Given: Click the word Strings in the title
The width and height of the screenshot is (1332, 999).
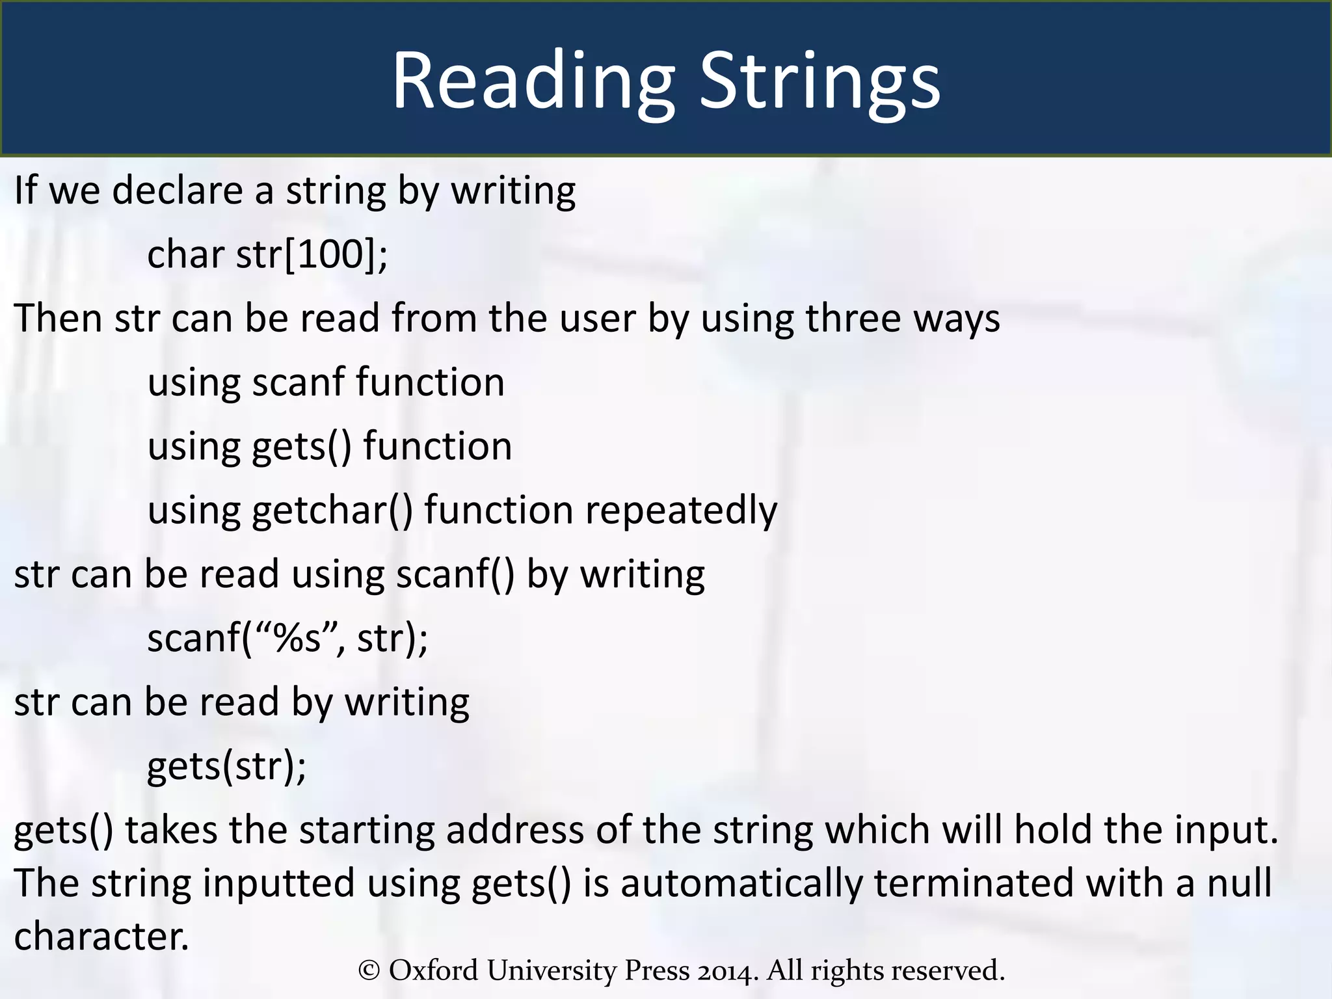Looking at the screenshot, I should [x=819, y=81].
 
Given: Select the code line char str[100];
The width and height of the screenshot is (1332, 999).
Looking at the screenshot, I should [x=267, y=254].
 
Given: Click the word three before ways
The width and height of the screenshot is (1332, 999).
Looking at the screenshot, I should [x=853, y=318].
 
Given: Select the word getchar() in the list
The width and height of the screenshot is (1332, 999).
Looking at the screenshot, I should [x=332, y=511].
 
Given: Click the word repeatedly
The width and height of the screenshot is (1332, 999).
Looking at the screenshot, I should [x=680, y=511].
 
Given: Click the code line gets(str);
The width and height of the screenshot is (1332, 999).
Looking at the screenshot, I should [x=226, y=766].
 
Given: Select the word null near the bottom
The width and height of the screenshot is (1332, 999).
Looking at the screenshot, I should [x=1239, y=883].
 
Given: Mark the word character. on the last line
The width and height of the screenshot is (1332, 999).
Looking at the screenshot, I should [x=101, y=937].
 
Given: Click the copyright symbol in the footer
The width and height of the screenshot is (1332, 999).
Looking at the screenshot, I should [x=369, y=970].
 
